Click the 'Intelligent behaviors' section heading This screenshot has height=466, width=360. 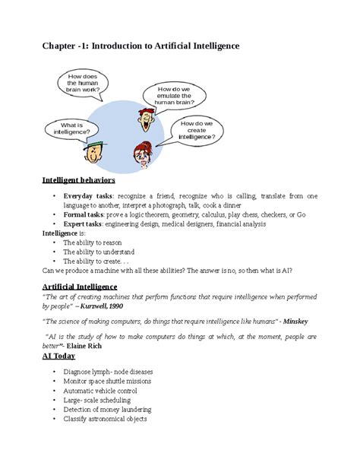[x=78, y=181]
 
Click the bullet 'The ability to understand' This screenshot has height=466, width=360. [x=99, y=252]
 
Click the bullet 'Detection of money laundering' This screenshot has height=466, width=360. [x=109, y=409]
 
